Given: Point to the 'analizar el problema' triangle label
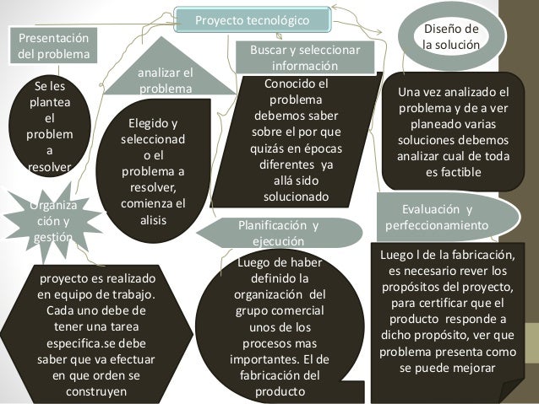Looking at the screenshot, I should click(165, 80).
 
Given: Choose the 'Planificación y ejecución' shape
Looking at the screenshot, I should click(279, 233).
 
